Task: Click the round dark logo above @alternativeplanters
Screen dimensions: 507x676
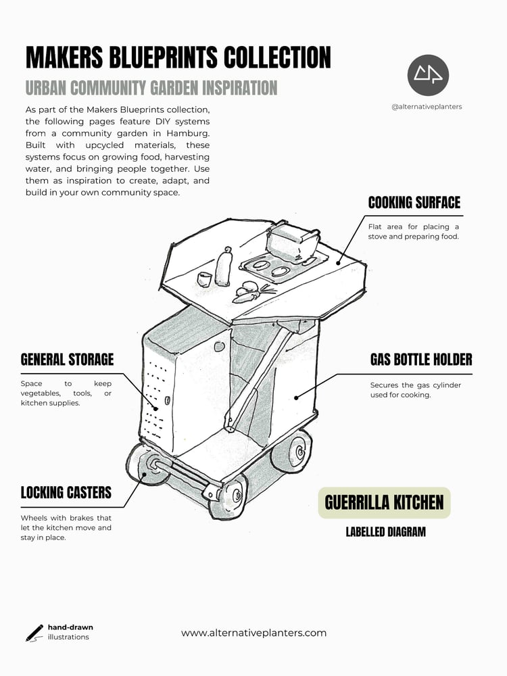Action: tap(428, 76)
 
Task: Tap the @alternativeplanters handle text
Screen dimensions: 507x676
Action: tap(427, 107)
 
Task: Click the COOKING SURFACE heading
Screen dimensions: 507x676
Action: tap(414, 203)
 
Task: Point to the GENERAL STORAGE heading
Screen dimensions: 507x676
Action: tap(67, 360)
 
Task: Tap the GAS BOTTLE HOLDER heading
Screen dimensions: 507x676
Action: tap(421, 360)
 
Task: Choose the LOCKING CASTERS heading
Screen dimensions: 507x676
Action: tap(66, 492)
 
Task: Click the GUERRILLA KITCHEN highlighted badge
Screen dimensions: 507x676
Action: tap(384, 503)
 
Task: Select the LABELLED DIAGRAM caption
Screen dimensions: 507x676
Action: tap(386, 532)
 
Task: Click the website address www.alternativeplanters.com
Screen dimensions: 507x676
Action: tap(254, 633)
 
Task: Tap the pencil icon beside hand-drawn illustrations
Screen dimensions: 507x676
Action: tap(34, 633)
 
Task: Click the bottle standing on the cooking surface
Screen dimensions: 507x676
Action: tap(224, 267)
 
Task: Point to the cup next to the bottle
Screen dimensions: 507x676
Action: tap(204, 279)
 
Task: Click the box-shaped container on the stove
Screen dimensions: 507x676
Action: tap(293, 241)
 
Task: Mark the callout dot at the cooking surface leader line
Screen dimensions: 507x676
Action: tap(339, 262)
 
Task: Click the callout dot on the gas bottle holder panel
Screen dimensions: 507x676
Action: tap(296, 397)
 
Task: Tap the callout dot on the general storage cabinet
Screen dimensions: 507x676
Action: tap(156, 408)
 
